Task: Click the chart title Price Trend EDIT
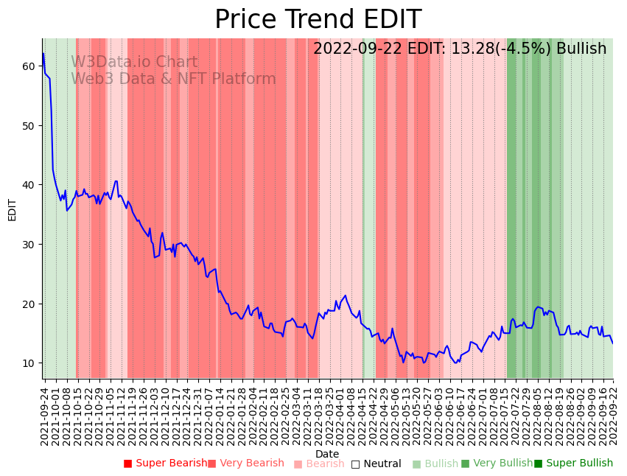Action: (x=318, y=20)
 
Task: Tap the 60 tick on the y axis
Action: (x=28, y=66)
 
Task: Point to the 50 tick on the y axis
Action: (x=28, y=125)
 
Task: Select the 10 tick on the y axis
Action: (x=28, y=363)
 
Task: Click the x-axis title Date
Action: (x=327, y=454)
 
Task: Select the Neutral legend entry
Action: (x=376, y=463)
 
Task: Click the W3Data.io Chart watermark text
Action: (x=134, y=63)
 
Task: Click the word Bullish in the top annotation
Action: (x=581, y=49)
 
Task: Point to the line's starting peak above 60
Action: (x=43, y=54)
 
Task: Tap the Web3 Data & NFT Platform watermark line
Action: (x=173, y=79)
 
